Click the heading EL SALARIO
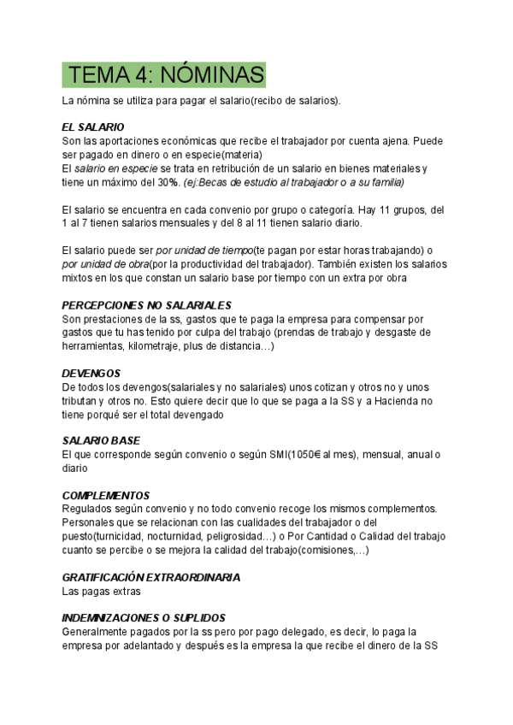(93, 127)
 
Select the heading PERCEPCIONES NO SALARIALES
(147, 305)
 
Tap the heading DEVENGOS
(91, 374)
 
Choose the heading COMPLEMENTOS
(106, 496)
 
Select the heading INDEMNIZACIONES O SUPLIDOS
(144, 617)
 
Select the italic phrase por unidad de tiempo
(204, 251)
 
